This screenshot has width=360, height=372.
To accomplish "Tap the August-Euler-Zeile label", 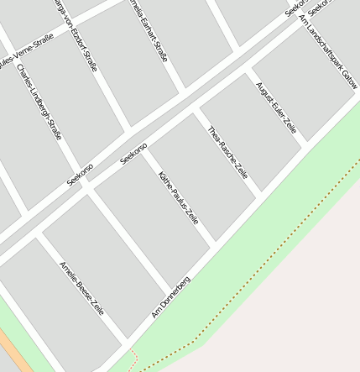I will pos(276,107).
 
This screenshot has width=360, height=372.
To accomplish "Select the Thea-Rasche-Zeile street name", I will pos(227,151).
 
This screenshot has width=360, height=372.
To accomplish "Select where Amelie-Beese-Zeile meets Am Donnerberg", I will pos(126,346).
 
